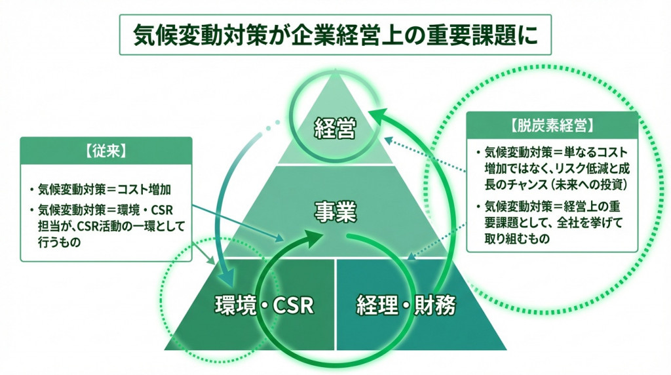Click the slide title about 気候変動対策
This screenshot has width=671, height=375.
pyautogui.click(x=335, y=34)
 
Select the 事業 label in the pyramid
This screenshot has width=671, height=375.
pyautogui.click(x=335, y=212)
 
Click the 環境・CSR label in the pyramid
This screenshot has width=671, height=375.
pyautogui.click(x=265, y=304)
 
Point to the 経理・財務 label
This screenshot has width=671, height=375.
pyautogui.click(x=406, y=304)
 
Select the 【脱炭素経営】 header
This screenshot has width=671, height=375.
pyautogui.click(x=552, y=125)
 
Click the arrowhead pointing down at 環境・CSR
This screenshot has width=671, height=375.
pyautogui.click(x=227, y=273)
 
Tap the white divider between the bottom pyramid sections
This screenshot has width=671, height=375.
pyautogui.click(x=335, y=304)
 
